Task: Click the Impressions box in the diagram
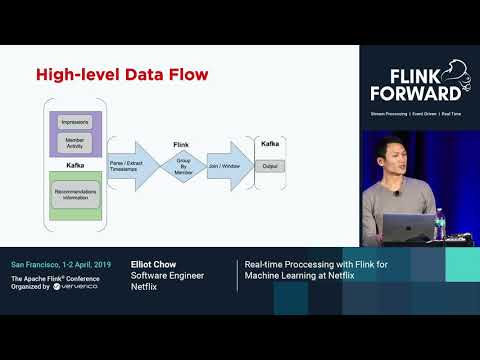74,121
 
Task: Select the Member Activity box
74,143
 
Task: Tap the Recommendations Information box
74,192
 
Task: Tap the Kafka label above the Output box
270,144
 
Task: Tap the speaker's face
393,155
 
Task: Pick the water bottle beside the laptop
439,222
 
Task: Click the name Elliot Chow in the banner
155,265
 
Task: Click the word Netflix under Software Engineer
146,286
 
